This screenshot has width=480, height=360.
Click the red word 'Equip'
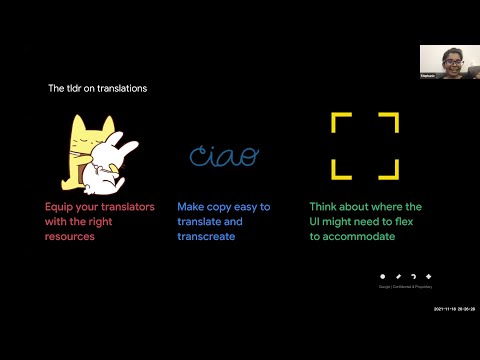pos(60,206)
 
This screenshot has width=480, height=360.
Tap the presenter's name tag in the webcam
pos(427,74)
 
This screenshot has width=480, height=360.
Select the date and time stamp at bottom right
pos(452,309)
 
